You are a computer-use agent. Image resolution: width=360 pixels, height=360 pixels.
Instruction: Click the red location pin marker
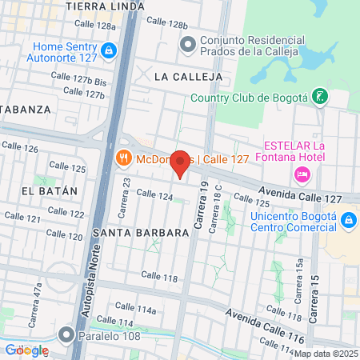tap(181, 163)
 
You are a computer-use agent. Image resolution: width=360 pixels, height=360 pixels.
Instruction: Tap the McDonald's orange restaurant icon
tap(124, 158)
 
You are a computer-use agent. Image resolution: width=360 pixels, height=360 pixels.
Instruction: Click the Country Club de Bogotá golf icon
tap(320, 98)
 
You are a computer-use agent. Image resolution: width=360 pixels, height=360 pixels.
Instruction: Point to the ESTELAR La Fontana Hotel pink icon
tap(302, 174)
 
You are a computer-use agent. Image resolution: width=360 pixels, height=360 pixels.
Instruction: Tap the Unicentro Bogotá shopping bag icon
tap(349, 219)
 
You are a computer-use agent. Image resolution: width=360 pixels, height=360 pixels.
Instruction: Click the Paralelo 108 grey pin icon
tap(67, 334)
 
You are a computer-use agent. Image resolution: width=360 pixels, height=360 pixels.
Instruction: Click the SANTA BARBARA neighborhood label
tap(140, 232)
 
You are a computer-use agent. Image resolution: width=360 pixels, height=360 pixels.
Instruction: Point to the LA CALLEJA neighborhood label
tap(185, 76)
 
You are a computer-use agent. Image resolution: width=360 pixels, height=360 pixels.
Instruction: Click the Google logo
tap(26, 350)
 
